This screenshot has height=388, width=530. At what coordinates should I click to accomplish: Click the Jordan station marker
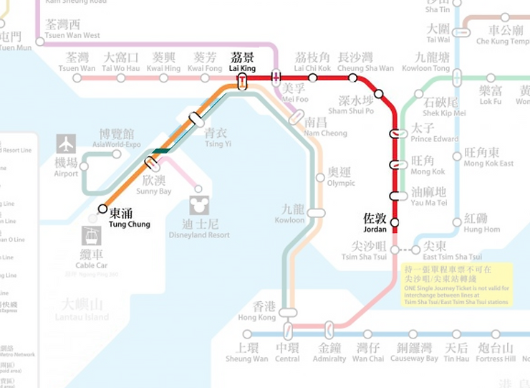point(394,222)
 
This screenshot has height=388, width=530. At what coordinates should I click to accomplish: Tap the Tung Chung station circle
point(103,209)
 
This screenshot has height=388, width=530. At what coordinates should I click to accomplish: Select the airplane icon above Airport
point(66,144)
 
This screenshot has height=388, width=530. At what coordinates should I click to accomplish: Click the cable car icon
point(92,235)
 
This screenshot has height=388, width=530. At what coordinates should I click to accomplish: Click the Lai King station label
point(242,61)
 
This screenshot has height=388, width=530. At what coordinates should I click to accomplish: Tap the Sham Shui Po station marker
point(379,93)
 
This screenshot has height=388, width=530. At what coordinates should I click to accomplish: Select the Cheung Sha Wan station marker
point(353,77)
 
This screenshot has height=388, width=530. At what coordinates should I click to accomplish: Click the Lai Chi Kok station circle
point(312,77)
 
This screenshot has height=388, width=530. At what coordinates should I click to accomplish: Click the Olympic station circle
point(320,178)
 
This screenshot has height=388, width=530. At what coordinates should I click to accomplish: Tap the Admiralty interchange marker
point(329,331)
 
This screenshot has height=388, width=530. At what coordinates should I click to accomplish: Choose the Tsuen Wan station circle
point(80,77)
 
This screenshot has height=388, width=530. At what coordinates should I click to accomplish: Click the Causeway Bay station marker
point(413,334)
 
